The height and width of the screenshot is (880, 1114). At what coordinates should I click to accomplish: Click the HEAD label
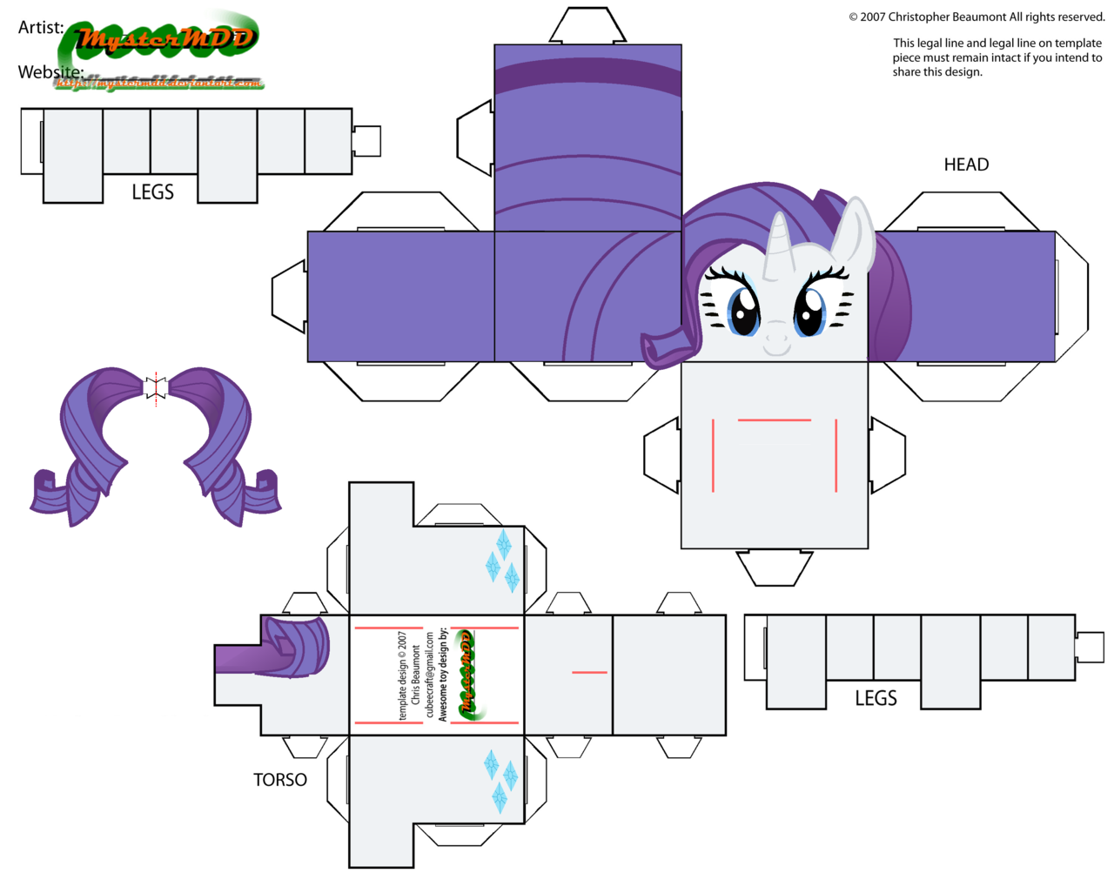pyautogui.click(x=966, y=165)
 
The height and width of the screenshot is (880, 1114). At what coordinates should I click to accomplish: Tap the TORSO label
pyautogui.click(x=279, y=780)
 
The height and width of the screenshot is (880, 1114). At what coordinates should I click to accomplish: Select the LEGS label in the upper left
pyautogui.click(x=152, y=192)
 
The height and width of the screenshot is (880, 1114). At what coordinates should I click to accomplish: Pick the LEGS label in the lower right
pyautogui.click(x=876, y=698)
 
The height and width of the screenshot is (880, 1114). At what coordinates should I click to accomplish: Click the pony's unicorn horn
pyautogui.click(x=776, y=245)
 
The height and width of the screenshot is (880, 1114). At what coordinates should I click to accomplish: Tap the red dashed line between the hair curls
pyautogui.click(x=156, y=389)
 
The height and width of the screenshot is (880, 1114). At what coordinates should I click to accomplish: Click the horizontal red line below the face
pyautogui.click(x=774, y=420)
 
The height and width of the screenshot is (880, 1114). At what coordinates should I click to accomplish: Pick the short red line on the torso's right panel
pyautogui.click(x=589, y=672)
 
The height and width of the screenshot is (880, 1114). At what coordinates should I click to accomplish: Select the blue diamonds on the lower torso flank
pyautogui.click(x=500, y=780)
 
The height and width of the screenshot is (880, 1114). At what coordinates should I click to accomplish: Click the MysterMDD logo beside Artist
pyautogui.click(x=165, y=38)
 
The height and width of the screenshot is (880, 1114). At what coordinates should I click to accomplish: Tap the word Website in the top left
pyautogui.click(x=50, y=71)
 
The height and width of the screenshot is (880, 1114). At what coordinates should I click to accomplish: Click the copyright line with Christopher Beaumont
pyautogui.click(x=976, y=17)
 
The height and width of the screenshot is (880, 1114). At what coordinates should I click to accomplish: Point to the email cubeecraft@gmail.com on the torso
pyautogui.click(x=429, y=675)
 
